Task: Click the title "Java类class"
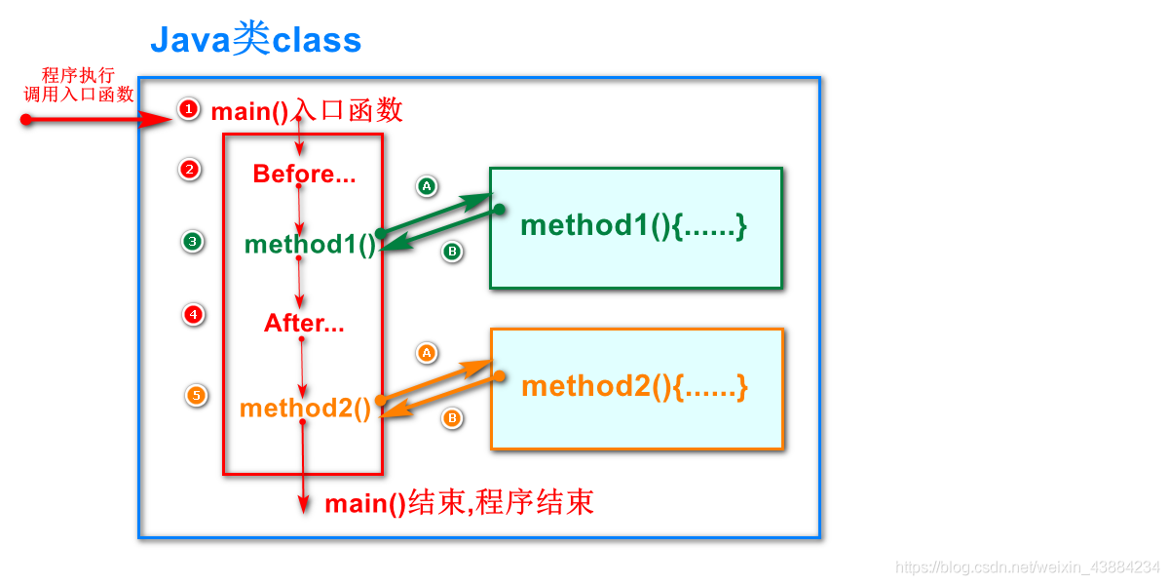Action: pos(255,41)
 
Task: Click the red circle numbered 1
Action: pos(189,108)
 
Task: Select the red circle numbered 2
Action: pos(189,170)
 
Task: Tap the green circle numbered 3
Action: pos(193,241)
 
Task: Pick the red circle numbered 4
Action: pos(194,314)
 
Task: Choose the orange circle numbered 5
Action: pos(197,395)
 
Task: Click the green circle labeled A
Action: pos(426,185)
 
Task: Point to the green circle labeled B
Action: pos(452,252)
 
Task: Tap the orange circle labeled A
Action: pos(426,352)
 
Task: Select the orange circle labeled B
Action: pos(452,418)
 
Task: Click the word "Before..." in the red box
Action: pos(304,175)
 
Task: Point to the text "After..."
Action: pos(304,324)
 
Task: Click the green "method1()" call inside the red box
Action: pos(310,244)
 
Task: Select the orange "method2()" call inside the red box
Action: pos(306,409)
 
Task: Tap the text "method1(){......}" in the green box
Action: pos(634,225)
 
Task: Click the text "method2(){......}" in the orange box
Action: pos(634,386)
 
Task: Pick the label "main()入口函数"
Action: pos(307,111)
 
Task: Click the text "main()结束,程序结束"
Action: pos(459,503)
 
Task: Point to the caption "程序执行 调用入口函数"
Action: pos(78,85)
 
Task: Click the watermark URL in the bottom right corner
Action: pos(1027,567)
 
